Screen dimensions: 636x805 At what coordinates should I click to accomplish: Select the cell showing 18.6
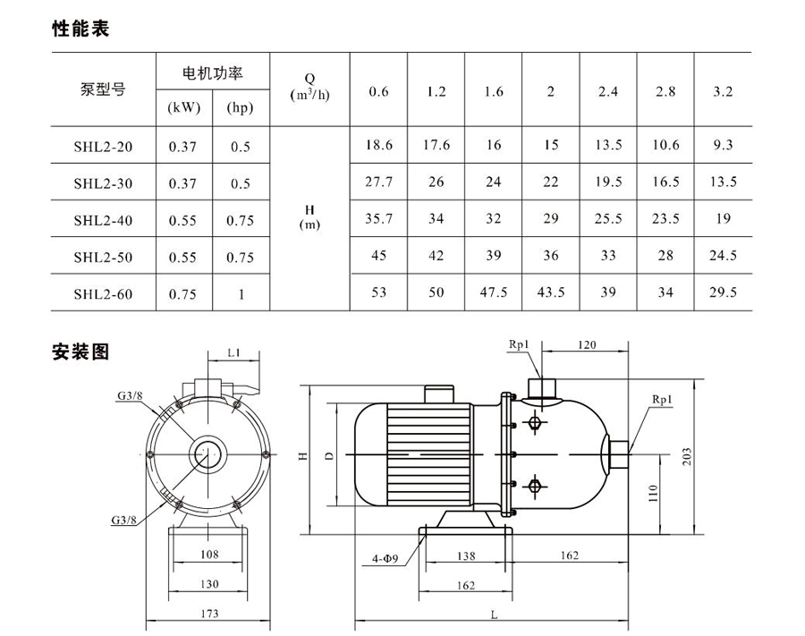[379, 145]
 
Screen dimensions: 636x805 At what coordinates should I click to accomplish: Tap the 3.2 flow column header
[723, 92]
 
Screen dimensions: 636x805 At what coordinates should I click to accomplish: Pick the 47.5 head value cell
[494, 293]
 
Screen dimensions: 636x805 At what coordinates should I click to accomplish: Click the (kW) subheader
[184, 108]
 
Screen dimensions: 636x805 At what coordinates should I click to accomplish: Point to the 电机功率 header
[212, 72]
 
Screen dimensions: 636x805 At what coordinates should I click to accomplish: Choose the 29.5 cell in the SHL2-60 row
[723, 293]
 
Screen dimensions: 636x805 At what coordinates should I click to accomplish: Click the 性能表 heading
[80, 30]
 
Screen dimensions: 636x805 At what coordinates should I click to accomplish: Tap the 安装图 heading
[80, 352]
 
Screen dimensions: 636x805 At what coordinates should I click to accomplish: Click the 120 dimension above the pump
[587, 344]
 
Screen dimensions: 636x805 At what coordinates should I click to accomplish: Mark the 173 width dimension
[209, 614]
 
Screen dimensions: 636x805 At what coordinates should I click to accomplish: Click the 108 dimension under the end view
[208, 555]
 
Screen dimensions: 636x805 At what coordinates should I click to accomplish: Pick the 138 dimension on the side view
[466, 556]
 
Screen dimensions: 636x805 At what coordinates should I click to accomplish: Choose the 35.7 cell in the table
[379, 218]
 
